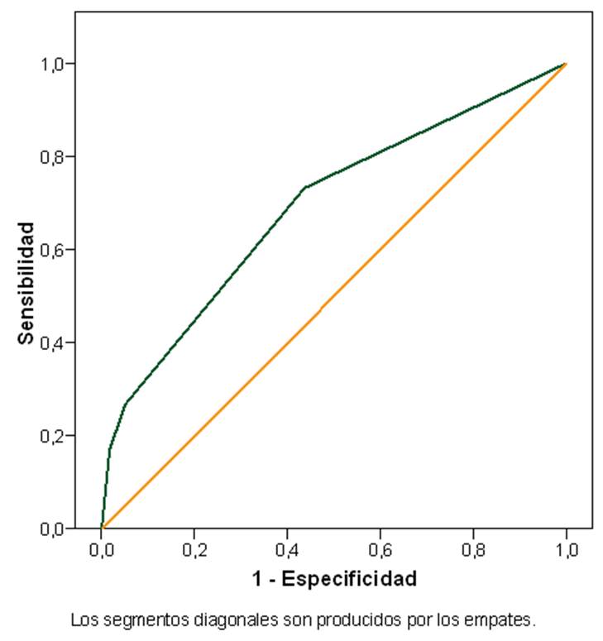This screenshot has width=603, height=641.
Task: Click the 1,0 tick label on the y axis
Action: pos(54,64)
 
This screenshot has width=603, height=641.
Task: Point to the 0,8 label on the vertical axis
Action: pos(54,156)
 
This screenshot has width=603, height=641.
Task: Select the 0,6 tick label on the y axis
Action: pos(54,250)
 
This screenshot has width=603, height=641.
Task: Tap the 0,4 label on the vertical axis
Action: pos(54,342)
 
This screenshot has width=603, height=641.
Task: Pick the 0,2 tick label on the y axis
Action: pos(54,436)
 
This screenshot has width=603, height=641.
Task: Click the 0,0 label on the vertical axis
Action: pos(54,529)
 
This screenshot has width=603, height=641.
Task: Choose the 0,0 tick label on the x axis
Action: pos(102,548)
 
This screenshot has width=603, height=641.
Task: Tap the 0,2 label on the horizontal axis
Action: pos(194,548)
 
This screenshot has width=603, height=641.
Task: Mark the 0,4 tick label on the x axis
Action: pos(287,548)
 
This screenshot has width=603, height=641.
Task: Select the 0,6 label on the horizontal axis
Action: pos(380,548)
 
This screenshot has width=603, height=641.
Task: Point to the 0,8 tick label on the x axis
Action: pos(473,548)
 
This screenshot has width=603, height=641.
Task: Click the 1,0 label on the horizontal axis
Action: pos(567,548)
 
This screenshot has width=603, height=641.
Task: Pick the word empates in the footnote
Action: pos(505,619)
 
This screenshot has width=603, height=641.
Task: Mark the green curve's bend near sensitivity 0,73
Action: pos(305,188)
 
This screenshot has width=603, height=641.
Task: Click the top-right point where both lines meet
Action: pos(566,64)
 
